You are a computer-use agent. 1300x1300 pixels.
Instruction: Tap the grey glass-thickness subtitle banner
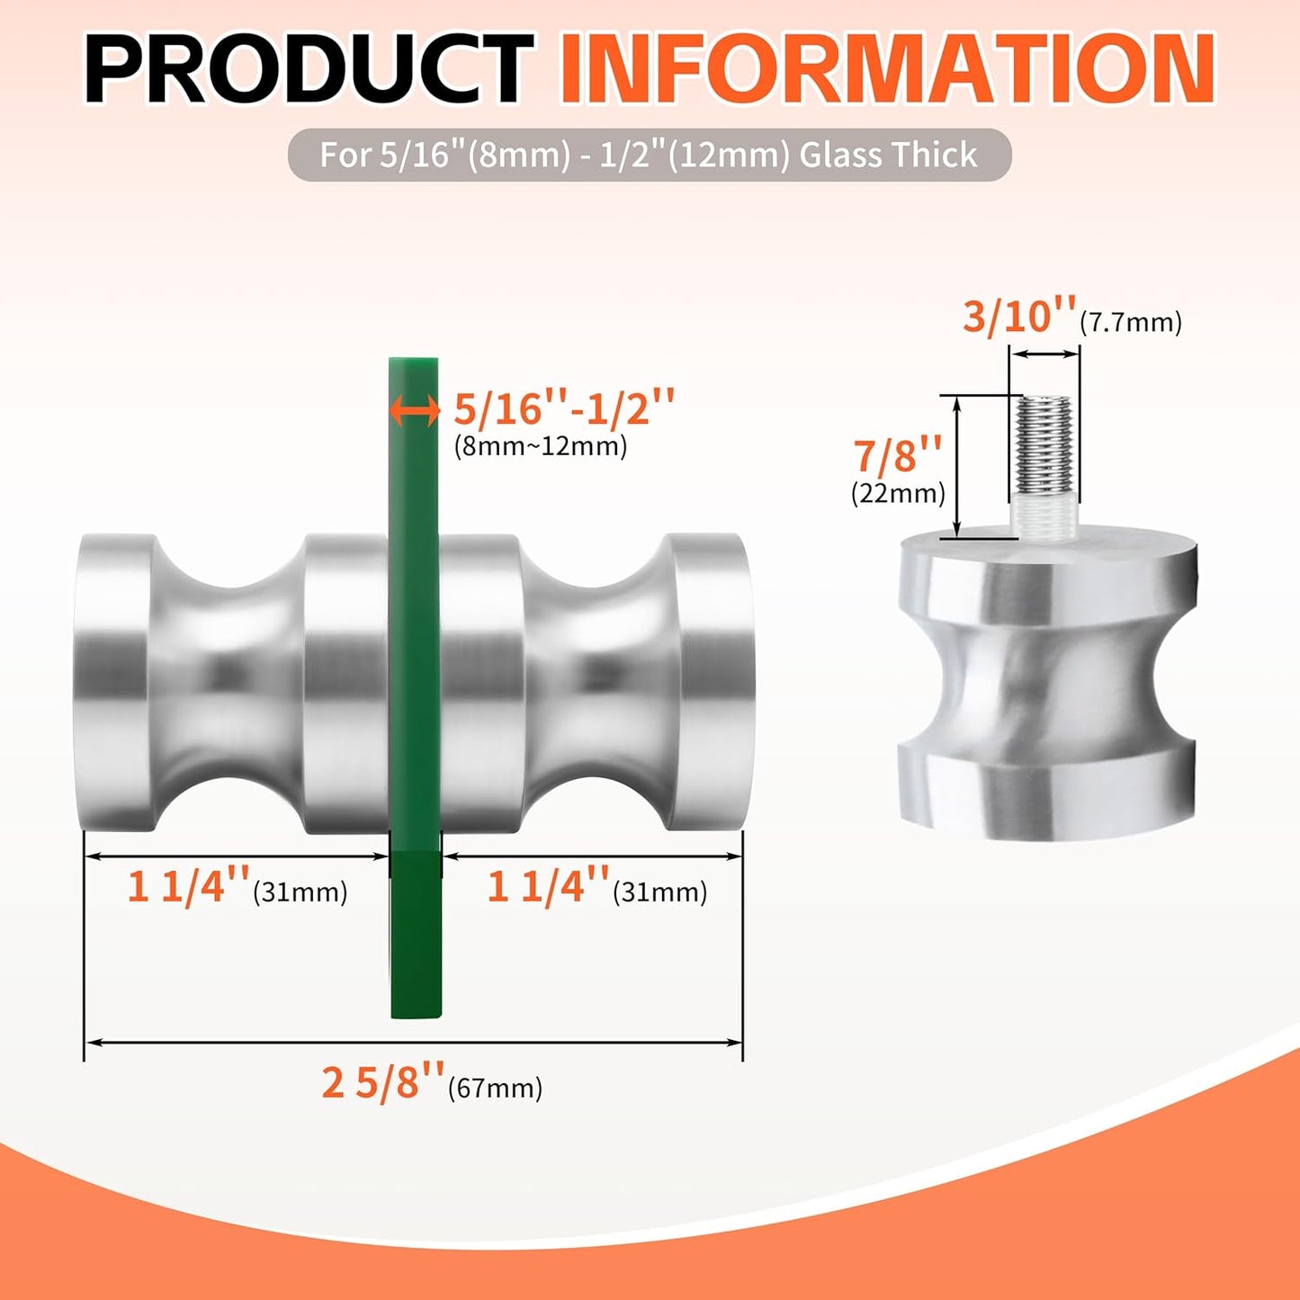point(649,155)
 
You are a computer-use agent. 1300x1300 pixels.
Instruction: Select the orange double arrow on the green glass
point(414,410)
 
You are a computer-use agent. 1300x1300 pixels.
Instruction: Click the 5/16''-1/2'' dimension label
point(563,408)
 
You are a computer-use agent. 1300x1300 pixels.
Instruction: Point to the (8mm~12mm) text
point(540,446)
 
